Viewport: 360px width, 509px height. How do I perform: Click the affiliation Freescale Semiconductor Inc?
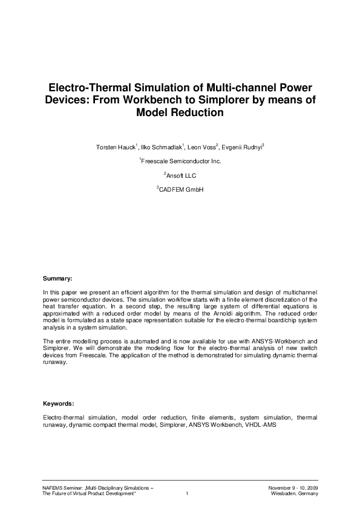[181, 161]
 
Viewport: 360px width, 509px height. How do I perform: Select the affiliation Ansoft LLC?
[180, 175]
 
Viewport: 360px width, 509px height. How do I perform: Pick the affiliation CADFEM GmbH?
[180, 190]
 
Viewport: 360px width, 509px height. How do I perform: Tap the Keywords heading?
[59, 403]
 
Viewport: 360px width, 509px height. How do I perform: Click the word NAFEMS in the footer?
[54, 487]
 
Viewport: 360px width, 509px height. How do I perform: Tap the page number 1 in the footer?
[188, 493]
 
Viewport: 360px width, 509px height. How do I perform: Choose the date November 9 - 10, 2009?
[293, 487]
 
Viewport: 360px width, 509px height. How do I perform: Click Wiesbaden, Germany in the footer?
[295, 493]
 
